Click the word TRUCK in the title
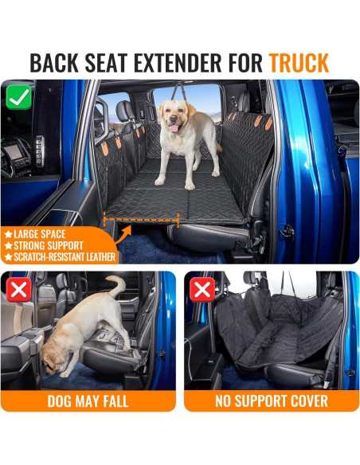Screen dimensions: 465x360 click(299, 62)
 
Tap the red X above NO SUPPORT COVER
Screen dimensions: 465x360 click(202, 289)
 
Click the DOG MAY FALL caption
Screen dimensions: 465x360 click(88, 401)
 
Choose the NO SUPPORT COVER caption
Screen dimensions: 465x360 click(271, 401)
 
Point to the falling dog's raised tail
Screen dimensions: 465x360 click(117, 285)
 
